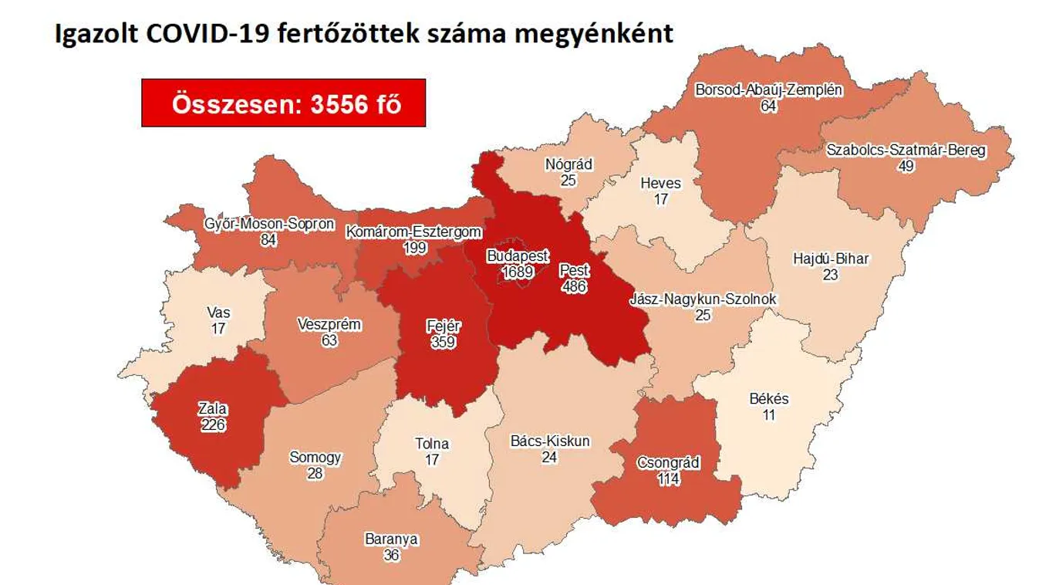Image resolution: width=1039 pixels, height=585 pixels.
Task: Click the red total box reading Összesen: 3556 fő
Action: (x=283, y=103)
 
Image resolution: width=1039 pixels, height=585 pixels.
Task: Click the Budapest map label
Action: (x=517, y=256)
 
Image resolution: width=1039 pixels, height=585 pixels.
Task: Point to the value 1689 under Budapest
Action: (x=517, y=272)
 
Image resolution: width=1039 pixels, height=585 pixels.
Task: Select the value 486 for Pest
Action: (x=574, y=286)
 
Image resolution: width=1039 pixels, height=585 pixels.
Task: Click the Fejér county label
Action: (x=444, y=326)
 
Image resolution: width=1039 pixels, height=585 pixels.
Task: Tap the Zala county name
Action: (x=211, y=409)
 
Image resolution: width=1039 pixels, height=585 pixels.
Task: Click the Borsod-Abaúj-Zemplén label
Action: (x=768, y=90)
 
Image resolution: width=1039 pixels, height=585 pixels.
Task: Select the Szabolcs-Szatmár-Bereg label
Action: (x=906, y=150)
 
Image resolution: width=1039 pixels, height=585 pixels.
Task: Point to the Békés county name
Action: (x=769, y=399)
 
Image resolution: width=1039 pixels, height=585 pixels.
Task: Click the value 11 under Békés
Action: (x=768, y=414)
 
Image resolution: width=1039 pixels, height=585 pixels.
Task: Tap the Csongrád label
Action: (x=668, y=463)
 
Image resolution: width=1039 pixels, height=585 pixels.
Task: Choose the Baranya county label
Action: (x=392, y=539)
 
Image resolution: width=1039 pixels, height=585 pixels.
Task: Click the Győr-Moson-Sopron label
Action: (x=269, y=225)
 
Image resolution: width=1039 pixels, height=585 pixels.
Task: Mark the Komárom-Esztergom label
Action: (x=414, y=232)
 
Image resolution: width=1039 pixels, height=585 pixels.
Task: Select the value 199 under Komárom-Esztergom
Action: (x=415, y=247)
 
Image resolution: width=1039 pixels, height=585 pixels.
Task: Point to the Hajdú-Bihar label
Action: (x=830, y=259)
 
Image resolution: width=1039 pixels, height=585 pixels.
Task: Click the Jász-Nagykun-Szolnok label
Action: (x=703, y=299)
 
